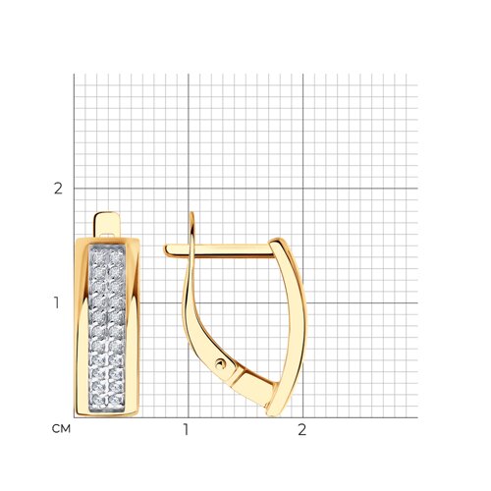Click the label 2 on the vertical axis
coord(58,189)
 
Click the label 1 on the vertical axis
coord(57,303)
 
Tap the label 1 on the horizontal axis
coord(186,430)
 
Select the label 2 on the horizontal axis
coord(301,430)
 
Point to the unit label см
coord(61,429)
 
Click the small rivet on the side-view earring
coord(221,363)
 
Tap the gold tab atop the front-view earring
coord(106,224)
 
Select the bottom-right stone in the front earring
coord(116,400)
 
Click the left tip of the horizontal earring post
coord(165,249)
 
